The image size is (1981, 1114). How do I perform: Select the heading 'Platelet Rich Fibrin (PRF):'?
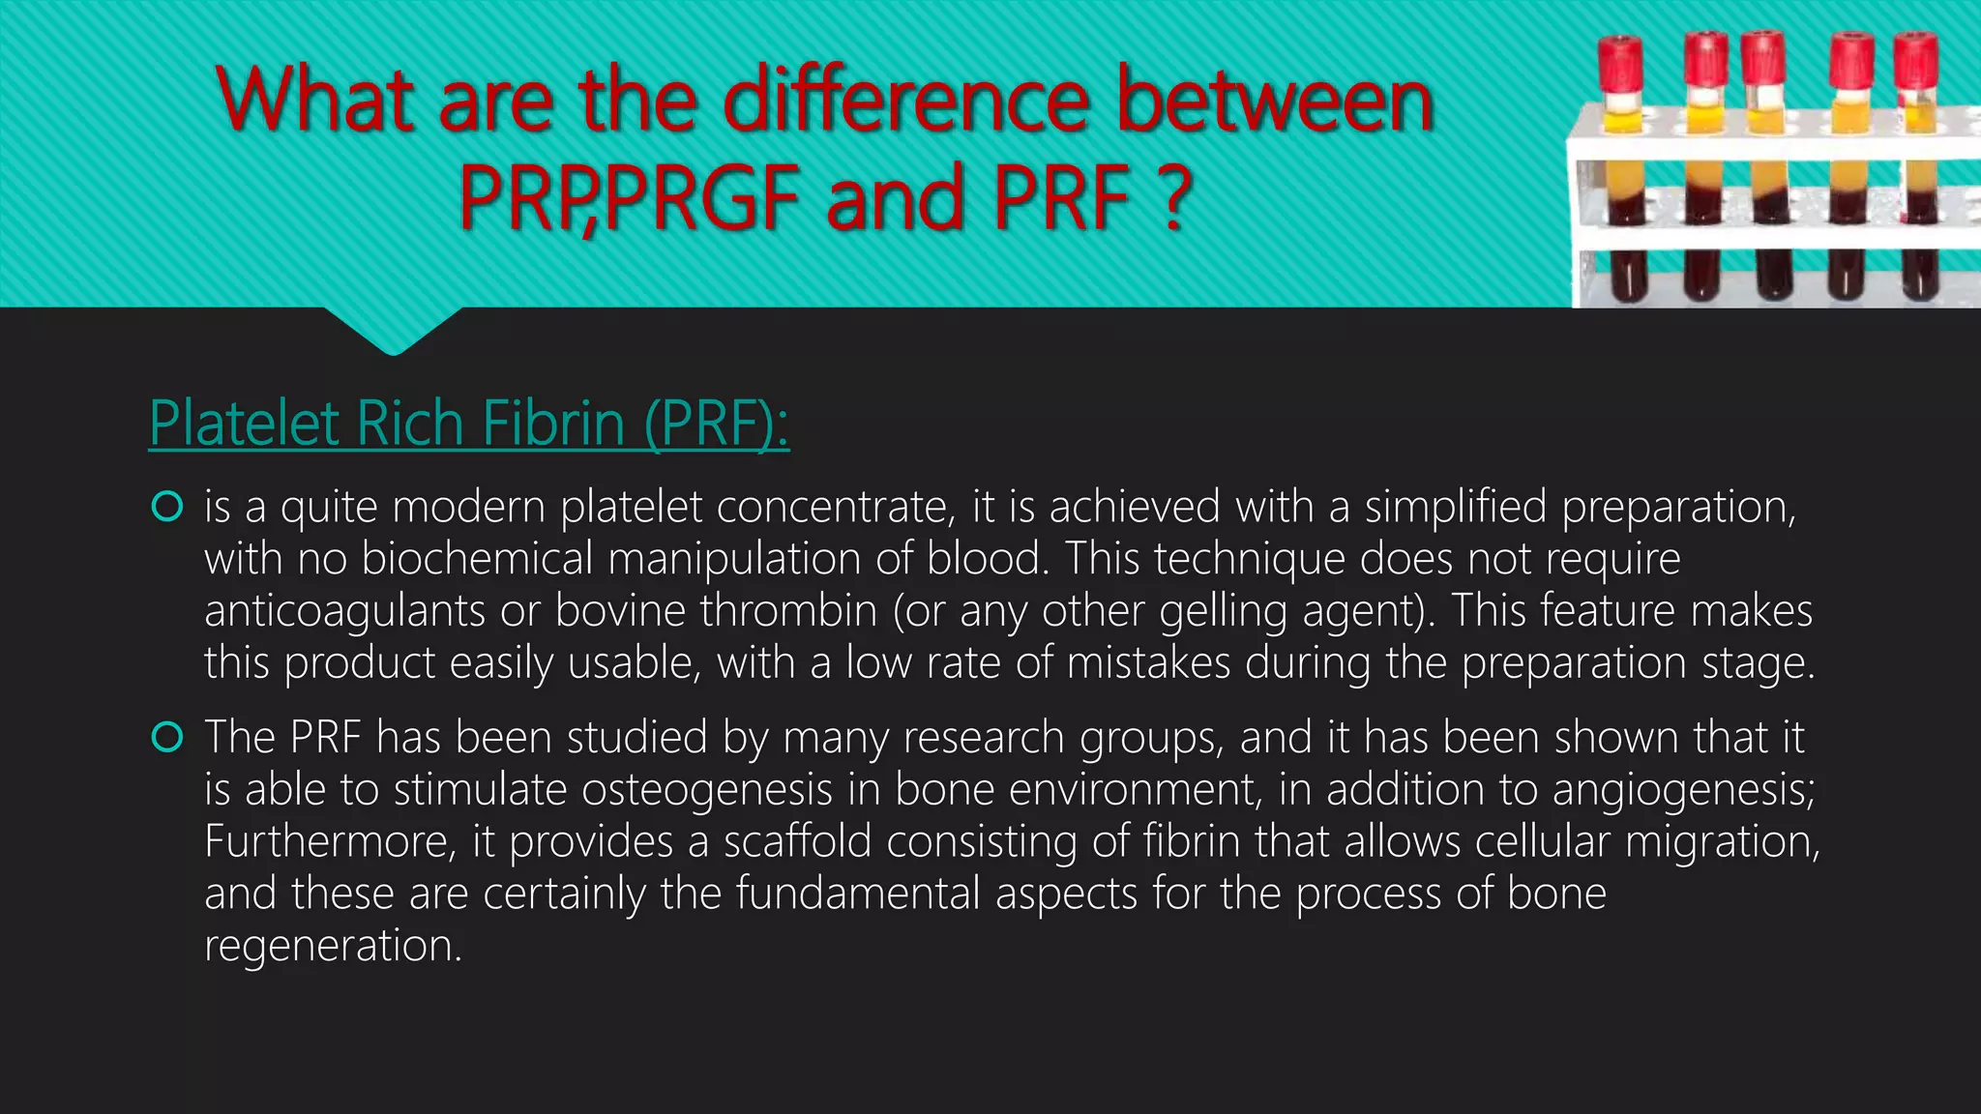click(x=469, y=424)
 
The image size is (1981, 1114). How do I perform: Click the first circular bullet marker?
click(x=167, y=506)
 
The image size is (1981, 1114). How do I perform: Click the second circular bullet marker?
click(x=167, y=738)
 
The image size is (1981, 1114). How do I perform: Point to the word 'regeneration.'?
click(x=333, y=946)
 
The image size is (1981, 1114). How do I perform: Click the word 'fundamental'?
click(x=858, y=894)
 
